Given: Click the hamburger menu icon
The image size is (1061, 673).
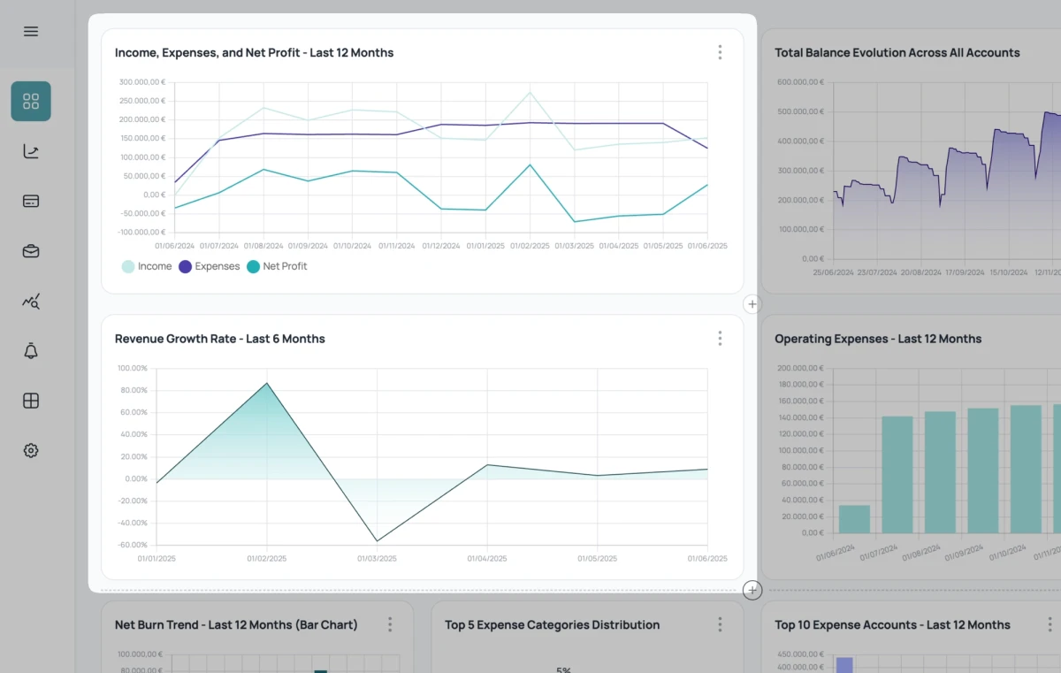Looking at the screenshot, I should [31, 32].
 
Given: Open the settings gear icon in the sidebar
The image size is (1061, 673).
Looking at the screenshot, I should [31, 450].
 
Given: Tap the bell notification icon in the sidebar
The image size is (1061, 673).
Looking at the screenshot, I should [31, 351].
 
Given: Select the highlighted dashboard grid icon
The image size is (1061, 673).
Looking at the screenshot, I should [31, 101].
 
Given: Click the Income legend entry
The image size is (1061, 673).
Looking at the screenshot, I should [147, 266].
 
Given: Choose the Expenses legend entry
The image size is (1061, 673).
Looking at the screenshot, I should [210, 266].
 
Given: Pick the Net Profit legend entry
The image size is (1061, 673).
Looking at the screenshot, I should [278, 266].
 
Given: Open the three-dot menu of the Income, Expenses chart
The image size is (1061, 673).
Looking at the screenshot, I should [720, 52].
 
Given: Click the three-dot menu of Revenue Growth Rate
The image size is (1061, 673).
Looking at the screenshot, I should [720, 339].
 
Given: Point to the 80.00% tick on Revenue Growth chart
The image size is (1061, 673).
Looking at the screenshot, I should [133, 390].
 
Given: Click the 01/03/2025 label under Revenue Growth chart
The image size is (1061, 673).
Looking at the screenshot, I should [377, 559].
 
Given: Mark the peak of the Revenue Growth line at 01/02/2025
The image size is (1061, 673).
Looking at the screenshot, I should [267, 383].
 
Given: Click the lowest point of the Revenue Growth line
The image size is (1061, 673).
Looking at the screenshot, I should [378, 541].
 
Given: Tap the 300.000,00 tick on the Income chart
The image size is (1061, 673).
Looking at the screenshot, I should [141, 82].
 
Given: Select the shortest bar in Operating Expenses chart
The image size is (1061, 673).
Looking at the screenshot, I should [854, 519].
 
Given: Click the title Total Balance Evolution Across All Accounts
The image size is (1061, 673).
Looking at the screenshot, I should [897, 53].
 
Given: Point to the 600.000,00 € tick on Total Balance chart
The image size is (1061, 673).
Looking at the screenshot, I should [800, 82].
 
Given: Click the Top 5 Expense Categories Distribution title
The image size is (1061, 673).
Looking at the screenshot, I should [552, 625].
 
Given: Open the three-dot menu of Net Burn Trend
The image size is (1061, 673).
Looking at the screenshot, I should [390, 625].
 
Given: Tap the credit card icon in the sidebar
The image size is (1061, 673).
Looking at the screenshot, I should [31, 201].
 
